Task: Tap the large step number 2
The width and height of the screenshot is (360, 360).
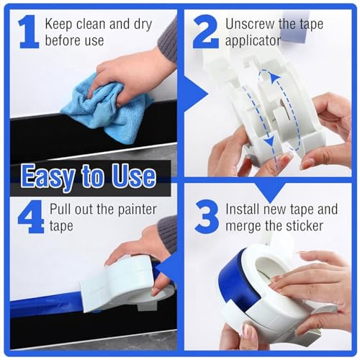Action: [x=205, y=32]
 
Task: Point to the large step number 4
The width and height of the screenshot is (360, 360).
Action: [x=30, y=217]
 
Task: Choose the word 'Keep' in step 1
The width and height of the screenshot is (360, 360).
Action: [x=60, y=23]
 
